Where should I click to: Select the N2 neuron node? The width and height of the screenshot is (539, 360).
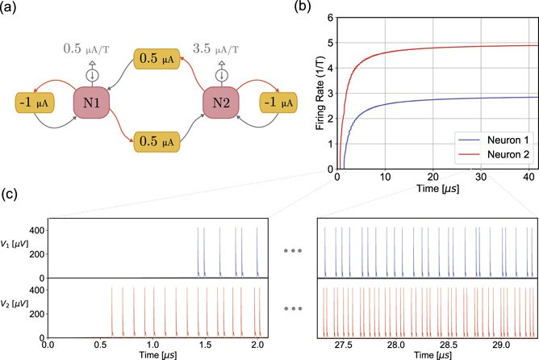[220, 104]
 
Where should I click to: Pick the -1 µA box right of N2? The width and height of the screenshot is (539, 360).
[277, 103]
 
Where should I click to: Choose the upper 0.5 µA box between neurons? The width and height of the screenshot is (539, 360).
[155, 59]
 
